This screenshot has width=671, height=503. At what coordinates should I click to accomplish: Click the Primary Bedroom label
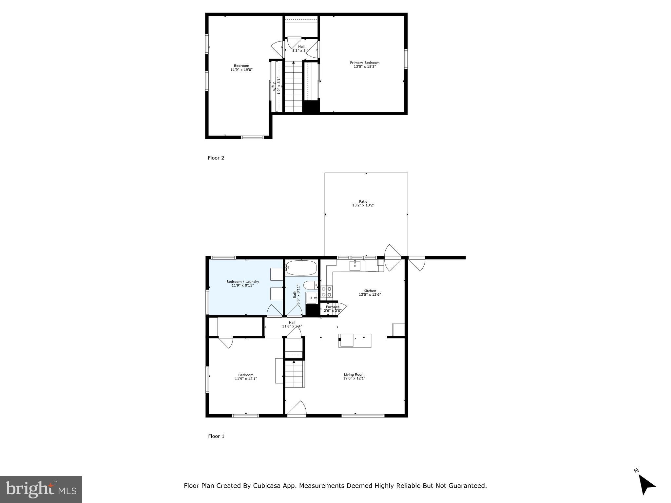[x=364, y=63]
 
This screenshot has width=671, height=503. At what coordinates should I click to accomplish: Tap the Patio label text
[x=363, y=202]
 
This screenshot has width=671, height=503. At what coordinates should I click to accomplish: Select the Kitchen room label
[x=370, y=291]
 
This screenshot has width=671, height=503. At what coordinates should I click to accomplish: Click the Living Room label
[x=354, y=375]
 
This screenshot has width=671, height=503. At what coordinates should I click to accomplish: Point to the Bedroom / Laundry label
[x=242, y=282]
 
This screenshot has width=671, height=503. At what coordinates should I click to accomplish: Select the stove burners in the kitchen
[x=326, y=292]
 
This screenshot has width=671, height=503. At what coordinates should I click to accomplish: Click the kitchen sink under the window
[x=355, y=266]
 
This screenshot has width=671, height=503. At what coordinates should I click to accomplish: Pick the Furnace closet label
[x=333, y=307]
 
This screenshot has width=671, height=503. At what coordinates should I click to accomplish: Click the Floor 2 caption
[x=216, y=158]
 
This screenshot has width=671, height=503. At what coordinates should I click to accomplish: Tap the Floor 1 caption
[x=216, y=436]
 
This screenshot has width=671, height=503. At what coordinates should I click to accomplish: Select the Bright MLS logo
[x=41, y=489]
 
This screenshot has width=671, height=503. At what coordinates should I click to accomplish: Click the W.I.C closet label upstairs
[x=275, y=86]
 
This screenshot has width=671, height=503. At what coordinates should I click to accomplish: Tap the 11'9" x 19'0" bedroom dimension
[x=241, y=70]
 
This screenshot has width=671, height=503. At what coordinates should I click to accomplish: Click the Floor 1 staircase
[x=294, y=373]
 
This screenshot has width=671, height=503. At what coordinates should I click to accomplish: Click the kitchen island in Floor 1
[x=355, y=341]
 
